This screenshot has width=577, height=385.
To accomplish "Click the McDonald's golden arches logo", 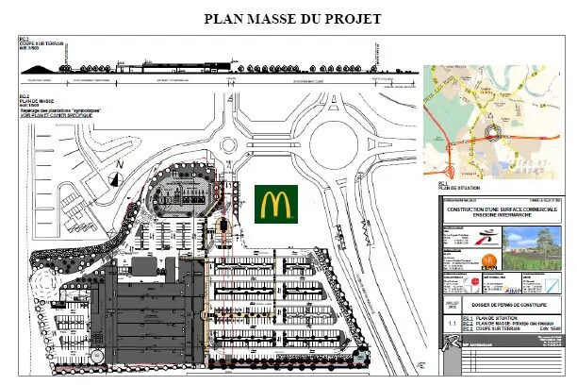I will [x=276, y=203].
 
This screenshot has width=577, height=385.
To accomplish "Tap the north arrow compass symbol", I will [x=118, y=174].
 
